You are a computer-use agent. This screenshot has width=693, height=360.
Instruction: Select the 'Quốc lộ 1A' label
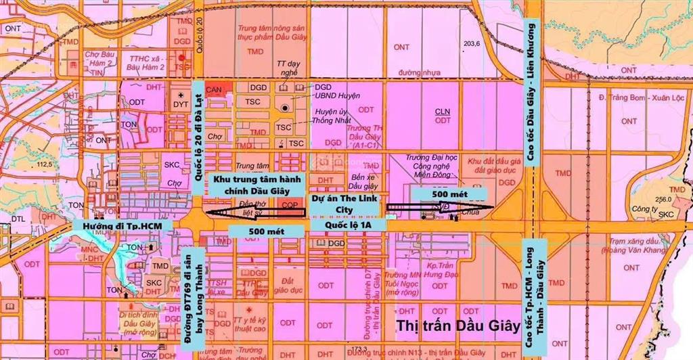(346, 223)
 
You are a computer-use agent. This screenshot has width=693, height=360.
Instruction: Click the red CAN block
(215, 89)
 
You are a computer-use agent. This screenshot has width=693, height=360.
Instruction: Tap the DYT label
(180, 105)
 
